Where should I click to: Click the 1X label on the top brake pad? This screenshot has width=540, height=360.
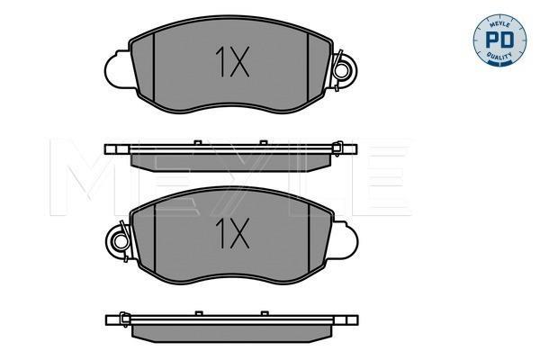point(232,62)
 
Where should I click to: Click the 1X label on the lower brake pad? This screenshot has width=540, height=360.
point(232,234)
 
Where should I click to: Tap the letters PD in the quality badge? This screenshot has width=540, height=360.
point(499,40)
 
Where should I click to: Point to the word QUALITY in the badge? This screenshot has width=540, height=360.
point(499,56)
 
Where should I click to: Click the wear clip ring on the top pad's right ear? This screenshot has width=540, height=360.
point(341,71)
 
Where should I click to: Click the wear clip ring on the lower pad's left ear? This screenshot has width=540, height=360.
point(121,241)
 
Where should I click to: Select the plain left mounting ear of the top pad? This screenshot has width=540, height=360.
point(117,69)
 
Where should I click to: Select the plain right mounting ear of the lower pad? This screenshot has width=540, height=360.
point(345,239)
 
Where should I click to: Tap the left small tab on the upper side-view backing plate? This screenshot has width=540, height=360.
point(198,142)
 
